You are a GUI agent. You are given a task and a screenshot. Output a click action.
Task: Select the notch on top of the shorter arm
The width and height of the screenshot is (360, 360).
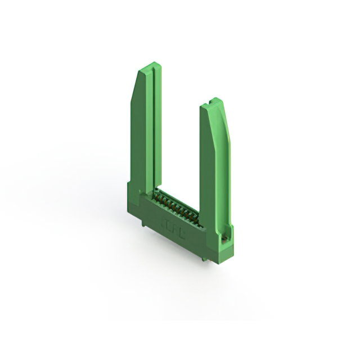click(x=210, y=103)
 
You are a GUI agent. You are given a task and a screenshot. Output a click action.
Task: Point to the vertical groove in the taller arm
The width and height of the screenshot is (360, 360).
click(x=150, y=129)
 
